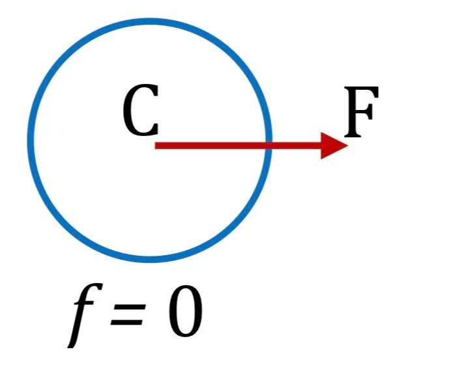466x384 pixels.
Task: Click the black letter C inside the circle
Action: click(141, 110)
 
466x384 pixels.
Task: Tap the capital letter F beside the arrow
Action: click(361, 112)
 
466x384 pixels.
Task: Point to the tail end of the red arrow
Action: click(155, 146)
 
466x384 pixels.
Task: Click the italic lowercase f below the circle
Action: click(84, 315)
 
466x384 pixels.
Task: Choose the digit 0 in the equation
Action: click(186, 311)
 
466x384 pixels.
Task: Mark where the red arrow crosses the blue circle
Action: click(269, 146)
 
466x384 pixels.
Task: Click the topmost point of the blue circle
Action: click(149, 21)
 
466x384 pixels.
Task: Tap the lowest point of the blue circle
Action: click(149, 260)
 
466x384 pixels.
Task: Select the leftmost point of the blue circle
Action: click(31, 141)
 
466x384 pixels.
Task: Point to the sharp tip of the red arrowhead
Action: click(348, 146)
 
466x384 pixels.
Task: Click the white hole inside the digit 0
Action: click(186, 311)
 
